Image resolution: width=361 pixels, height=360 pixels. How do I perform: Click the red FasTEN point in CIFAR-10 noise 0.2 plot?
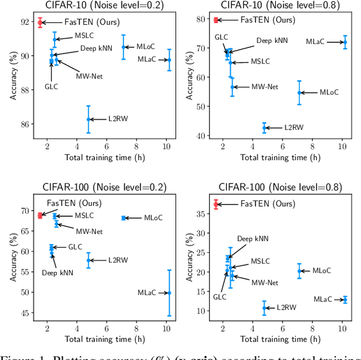point(40,23)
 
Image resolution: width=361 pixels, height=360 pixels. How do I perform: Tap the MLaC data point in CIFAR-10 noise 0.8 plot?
point(345,42)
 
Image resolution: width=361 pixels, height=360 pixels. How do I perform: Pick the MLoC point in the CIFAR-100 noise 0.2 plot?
point(124,218)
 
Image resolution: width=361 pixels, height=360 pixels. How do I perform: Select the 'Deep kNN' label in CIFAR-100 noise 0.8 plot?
point(253,239)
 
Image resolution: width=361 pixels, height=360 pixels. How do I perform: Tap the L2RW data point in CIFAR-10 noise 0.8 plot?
point(264,128)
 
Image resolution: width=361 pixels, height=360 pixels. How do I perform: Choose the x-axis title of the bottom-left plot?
point(105,339)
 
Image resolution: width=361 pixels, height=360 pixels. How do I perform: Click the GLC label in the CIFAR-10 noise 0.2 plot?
point(51,87)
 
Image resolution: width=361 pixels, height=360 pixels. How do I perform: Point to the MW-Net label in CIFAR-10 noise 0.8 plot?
point(265,87)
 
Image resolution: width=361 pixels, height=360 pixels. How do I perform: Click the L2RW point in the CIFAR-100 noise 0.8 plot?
point(264,308)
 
